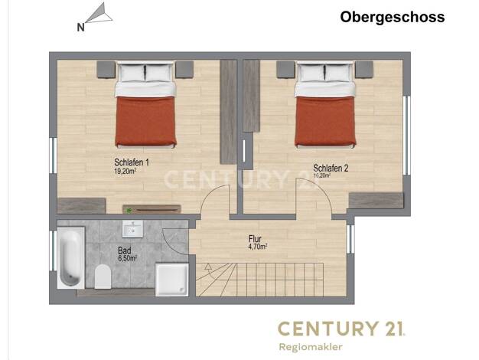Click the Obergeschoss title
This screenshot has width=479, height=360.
point(393,17)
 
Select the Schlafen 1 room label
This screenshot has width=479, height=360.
point(132,162)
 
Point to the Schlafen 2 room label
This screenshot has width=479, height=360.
point(331,168)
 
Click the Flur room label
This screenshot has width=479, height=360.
point(255,238)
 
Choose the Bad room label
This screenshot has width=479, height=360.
point(124,250)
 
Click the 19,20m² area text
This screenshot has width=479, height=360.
point(125,171)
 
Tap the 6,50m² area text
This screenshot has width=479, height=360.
point(127,258)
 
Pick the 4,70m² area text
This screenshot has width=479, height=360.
point(258,246)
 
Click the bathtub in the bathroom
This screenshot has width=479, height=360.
point(71,257)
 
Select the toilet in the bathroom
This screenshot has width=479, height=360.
point(103,277)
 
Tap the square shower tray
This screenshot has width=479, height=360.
point(171,280)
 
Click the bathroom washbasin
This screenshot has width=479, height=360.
point(132,229)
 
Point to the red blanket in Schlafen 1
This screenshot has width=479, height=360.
point(145,122)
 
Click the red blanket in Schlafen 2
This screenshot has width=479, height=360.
point(325,122)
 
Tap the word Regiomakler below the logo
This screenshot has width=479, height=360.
point(311,347)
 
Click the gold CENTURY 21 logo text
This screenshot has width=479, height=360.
point(341,329)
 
